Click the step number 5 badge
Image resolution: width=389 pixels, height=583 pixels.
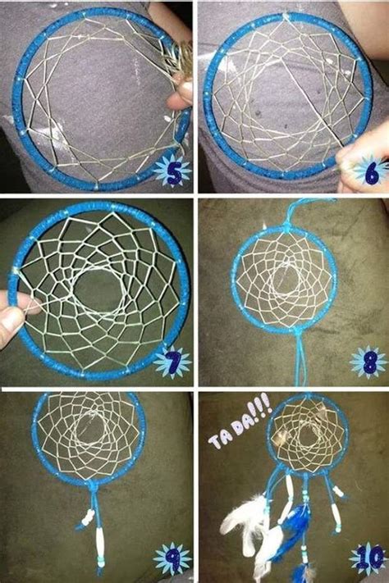[172, 171]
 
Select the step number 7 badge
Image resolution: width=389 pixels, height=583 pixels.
[172, 362]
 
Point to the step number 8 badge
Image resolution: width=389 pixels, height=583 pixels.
[368, 362]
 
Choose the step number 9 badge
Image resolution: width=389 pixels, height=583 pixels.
[172, 558]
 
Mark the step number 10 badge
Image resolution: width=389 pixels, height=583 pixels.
[369, 558]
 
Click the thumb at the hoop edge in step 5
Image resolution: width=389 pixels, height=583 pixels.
[181, 95]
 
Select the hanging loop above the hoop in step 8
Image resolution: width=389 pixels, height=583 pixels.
[298, 212]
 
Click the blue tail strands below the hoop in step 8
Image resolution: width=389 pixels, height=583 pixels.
[301, 359]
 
